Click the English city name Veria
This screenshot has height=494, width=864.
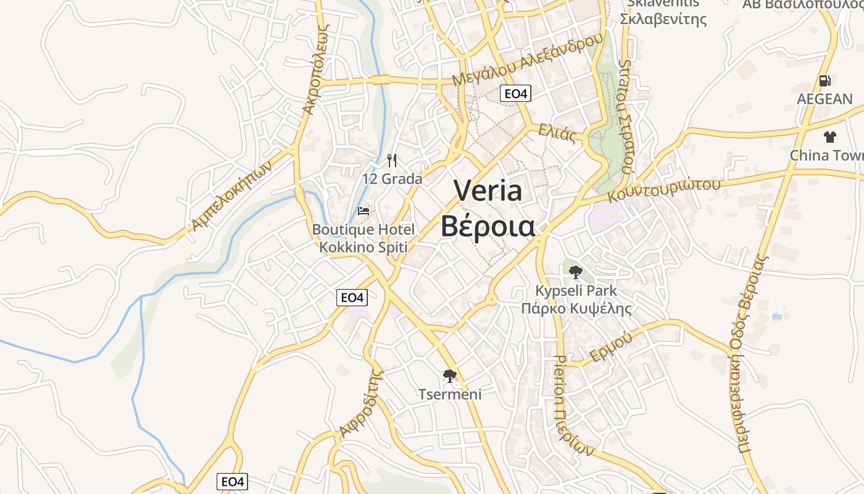tap(488, 191)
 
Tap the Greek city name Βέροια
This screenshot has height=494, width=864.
tap(488, 226)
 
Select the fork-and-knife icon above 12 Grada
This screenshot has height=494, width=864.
tap(392, 161)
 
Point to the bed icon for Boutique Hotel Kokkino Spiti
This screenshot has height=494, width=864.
tap(363, 211)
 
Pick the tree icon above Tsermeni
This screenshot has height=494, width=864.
tap(450, 375)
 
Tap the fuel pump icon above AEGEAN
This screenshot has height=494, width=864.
tap(825, 81)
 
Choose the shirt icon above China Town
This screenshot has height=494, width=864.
tap(830, 137)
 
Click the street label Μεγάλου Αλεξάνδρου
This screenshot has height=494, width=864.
tap(527, 60)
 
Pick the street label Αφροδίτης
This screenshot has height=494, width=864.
tap(362, 403)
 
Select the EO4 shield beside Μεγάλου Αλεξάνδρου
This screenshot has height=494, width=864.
tap(515, 94)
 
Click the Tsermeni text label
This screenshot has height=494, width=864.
tap(450, 394)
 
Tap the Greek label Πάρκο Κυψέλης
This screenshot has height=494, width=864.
tap(576, 308)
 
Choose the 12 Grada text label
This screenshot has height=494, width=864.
tap(393, 179)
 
